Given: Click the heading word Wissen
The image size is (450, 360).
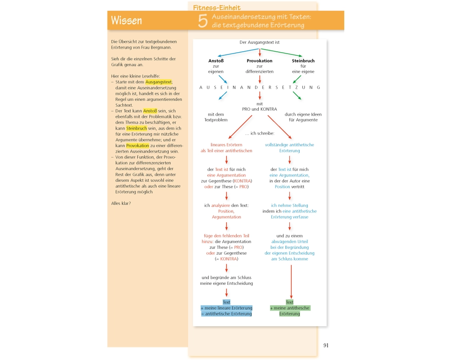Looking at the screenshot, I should coord(126,21).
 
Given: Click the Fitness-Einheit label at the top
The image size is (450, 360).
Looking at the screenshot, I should coord(217,8).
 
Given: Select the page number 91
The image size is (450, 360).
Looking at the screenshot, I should coord(326,345).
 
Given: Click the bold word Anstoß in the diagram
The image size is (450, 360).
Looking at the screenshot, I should coord(216,61).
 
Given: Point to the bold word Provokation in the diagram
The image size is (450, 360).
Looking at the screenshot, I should coord(260,61).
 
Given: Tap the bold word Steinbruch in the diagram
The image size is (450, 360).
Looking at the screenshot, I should coord(303,61).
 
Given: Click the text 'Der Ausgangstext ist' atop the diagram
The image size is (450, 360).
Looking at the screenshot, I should coord(260,42).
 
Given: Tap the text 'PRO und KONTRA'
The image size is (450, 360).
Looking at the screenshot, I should coord(260,109).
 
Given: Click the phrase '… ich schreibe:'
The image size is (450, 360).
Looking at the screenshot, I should coord(260,133).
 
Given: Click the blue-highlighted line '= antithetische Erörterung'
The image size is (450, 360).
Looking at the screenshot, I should coord(226,314).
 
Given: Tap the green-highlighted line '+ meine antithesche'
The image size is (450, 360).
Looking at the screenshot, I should coord(290,308).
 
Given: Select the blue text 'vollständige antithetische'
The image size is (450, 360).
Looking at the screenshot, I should coord(289,145).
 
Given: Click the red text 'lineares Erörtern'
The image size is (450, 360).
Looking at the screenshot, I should coord(226,145).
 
